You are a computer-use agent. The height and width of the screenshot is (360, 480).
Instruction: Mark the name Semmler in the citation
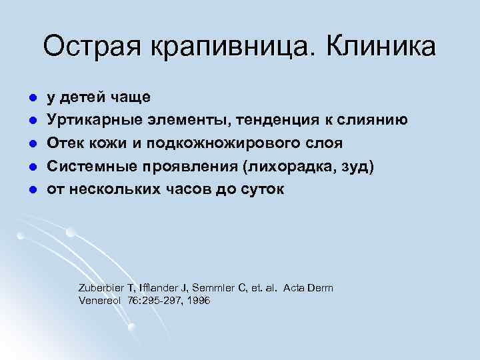(x=212, y=288)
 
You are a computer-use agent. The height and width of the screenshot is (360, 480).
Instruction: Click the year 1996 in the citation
(x=198, y=301)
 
